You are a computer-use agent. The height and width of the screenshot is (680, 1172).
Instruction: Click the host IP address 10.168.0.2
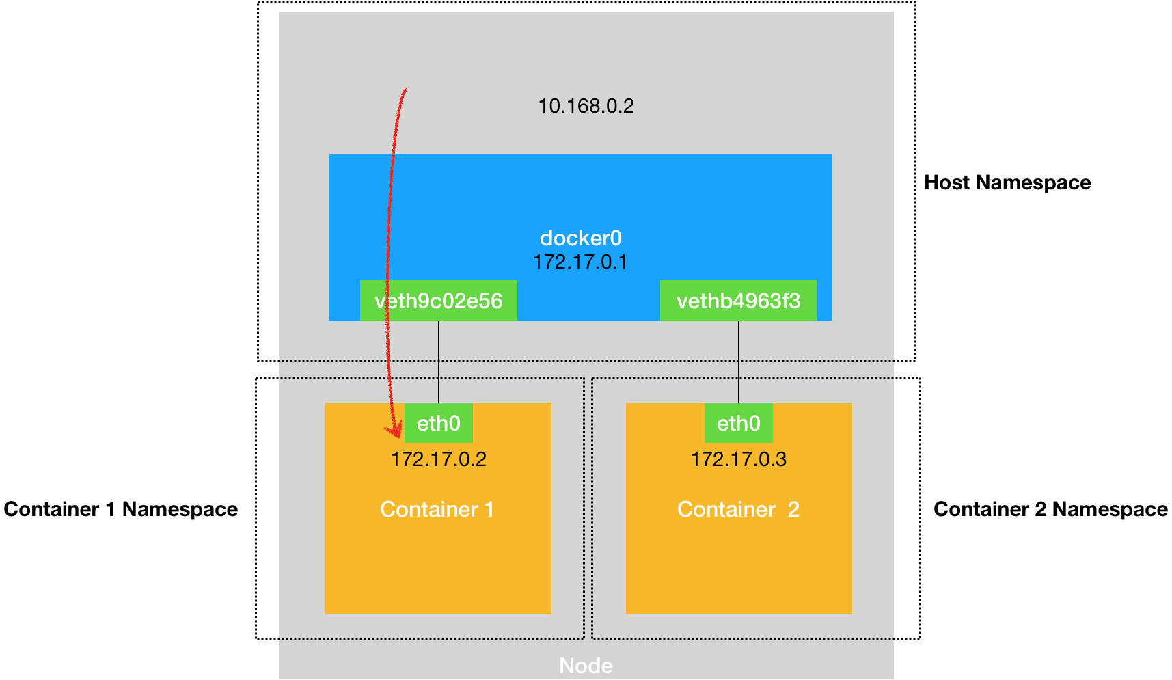click(586, 106)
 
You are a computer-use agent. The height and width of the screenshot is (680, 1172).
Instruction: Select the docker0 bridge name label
click(581, 238)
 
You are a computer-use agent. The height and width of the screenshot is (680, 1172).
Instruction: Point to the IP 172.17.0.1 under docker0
click(580, 262)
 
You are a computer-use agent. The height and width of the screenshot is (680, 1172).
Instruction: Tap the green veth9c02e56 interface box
click(439, 301)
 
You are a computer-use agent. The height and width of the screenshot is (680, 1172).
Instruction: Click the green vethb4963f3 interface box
click(739, 301)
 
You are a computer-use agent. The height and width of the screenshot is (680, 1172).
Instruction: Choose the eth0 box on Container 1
click(439, 423)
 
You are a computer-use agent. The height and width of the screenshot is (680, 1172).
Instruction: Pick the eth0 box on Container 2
click(739, 423)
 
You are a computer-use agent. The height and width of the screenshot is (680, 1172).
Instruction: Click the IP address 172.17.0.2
click(439, 459)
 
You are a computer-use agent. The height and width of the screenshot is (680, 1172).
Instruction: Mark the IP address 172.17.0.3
click(739, 459)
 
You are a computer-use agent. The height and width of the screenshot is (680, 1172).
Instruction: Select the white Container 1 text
click(437, 509)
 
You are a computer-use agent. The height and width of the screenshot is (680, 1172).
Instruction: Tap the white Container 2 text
click(738, 509)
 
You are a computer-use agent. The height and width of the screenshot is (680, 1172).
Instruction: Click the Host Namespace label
click(1007, 182)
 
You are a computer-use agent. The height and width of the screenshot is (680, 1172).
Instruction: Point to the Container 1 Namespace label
click(121, 509)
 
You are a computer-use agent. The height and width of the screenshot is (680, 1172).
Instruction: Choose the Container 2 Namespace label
click(1051, 509)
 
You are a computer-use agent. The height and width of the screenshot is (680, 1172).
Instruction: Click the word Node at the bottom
click(586, 666)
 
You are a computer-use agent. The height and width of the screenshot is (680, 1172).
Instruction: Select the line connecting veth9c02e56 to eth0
click(439, 362)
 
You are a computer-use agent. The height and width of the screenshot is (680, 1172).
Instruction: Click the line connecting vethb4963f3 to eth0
click(739, 362)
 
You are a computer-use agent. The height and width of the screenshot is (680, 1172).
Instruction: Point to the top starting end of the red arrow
click(407, 88)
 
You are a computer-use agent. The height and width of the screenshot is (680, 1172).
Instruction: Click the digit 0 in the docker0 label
click(616, 238)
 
